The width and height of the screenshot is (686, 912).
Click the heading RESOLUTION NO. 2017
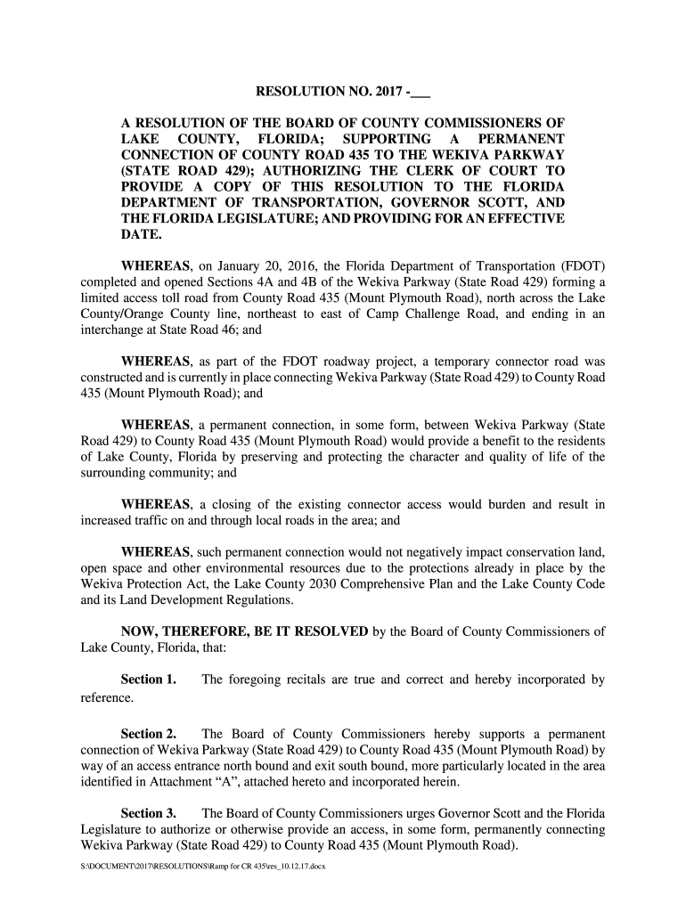pyautogui.click(x=329, y=92)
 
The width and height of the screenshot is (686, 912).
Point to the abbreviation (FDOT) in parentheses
pyautogui.click(x=584, y=266)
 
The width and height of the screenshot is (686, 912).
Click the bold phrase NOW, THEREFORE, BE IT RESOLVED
pyautogui.click(x=245, y=632)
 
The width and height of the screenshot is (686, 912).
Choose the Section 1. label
pyautogui.click(x=148, y=680)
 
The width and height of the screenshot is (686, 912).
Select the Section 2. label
pyautogui.click(x=148, y=735)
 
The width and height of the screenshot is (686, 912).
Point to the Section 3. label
pyautogui.click(x=148, y=815)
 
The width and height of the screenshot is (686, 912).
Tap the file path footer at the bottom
pyautogui.click(x=204, y=865)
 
